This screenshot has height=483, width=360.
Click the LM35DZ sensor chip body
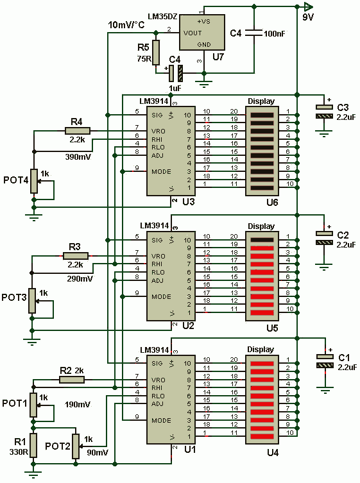[202, 32]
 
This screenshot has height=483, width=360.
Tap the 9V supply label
[307, 17]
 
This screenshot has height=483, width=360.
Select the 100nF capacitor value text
[274, 33]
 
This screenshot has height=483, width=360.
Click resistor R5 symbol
[156, 53]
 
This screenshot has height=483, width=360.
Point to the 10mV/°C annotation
[126, 25]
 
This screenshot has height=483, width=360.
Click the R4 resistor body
[78, 131]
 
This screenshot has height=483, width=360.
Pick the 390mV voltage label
[78, 157]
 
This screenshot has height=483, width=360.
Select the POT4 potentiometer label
[16, 180]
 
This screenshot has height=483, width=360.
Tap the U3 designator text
[189, 202]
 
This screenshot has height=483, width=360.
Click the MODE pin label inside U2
[161, 296]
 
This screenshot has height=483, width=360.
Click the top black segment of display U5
[262, 240]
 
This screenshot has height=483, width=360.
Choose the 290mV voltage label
[80, 278]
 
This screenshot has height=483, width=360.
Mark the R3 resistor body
[76, 256]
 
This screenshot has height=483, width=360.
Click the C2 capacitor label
[343, 235]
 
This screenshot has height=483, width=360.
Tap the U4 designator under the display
[273, 452]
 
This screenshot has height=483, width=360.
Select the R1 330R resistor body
[33, 445]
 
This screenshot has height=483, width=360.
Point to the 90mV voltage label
[98, 452]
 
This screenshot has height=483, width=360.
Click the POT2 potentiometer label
[58, 446]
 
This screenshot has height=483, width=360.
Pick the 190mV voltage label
[78, 404]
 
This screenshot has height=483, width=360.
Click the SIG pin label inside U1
[157, 364]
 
